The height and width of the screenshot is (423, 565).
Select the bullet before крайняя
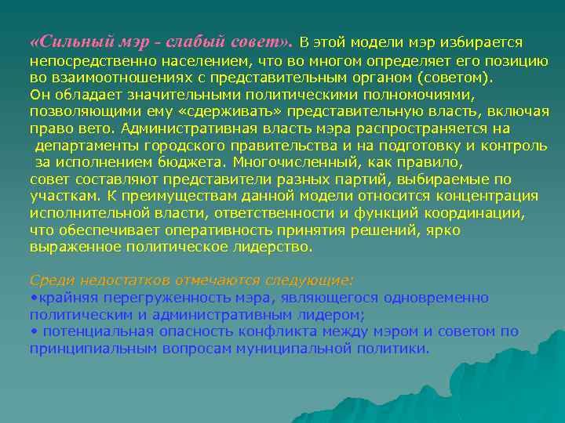[32, 297]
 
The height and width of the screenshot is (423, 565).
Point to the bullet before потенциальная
[32, 331]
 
